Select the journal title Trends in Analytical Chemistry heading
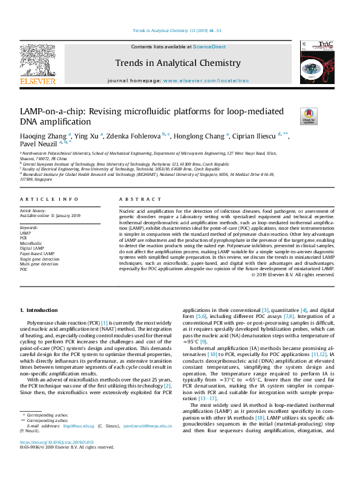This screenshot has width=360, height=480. [178, 63]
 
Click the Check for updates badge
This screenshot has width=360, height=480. [308, 115]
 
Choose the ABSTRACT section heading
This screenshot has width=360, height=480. [136, 199]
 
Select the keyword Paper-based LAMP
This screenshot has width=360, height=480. [38, 254]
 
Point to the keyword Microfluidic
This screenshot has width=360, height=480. [31, 243]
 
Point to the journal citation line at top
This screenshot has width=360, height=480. [180, 31]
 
